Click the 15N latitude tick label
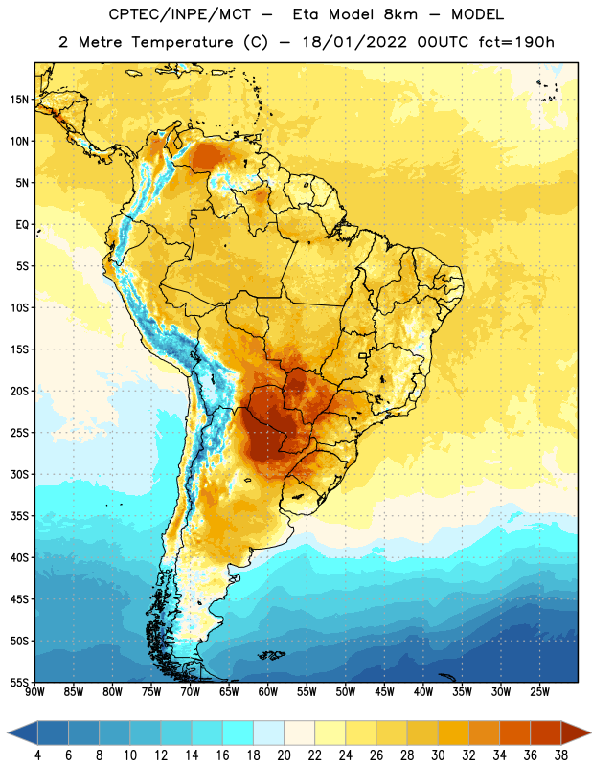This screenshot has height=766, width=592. tap(19, 100)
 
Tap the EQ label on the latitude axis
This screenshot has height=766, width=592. tap(22, 225)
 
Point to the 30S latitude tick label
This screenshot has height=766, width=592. tap(19, 474)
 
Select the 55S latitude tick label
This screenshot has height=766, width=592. tap(19, 682)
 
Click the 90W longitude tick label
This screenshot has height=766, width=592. tap(34, 691)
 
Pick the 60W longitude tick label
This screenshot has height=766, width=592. tap(268, 691)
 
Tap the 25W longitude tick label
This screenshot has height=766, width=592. tap(539, 691)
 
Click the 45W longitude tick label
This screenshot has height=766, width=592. tap(384, 691)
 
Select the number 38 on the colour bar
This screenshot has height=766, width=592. tap(561, 755)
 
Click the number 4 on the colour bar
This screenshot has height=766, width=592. tap(37, 755)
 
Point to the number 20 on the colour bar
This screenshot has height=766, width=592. tap(284, 755)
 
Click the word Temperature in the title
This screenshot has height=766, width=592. tap(182, 42)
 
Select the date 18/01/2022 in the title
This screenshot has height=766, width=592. tap(354, 42)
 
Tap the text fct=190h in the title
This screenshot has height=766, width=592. tap(516, 42)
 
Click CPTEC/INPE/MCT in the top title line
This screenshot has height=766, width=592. tap(180, 14)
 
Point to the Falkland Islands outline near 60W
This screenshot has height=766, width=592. tap(271, 655)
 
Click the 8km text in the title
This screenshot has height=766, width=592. tap(400, 14)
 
